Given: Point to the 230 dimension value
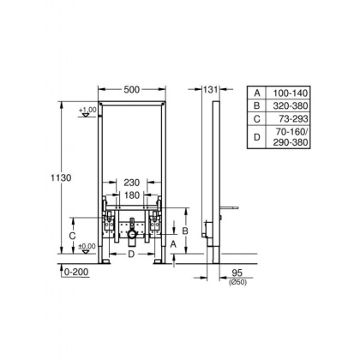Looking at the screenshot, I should click(x=130, y=183).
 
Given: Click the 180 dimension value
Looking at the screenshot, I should click(x=130, y=195).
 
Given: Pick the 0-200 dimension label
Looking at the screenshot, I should click(x=80, y=273).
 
